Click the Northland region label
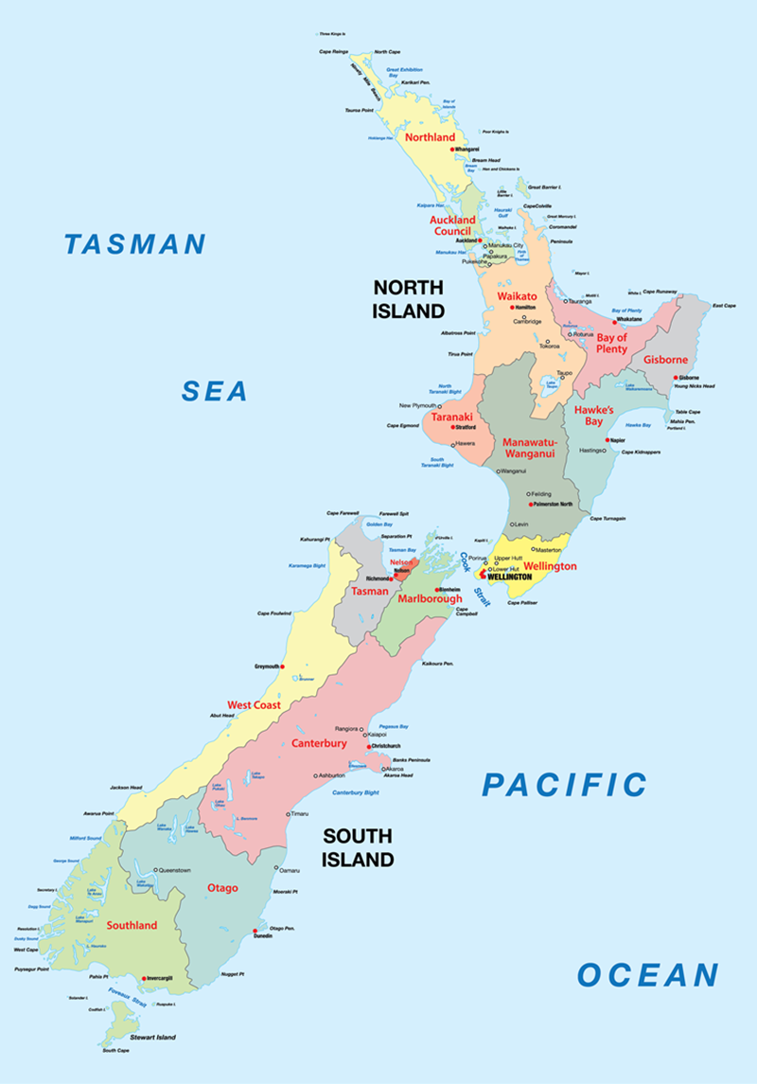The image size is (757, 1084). tap(430, 137)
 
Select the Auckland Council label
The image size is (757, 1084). tap(452, 225)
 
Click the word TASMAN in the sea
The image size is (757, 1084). tap(134, 244)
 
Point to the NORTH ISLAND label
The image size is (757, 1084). tap(408, 298)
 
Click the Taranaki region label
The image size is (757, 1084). tap(452, 417)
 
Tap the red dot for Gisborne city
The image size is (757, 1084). tap(677, 377)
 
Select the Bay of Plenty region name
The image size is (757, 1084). tap(612, 342)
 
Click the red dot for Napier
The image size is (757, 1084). tap(609, 440)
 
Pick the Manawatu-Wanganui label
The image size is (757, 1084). tap(530, 449)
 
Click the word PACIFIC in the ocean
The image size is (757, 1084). tap(564, 785)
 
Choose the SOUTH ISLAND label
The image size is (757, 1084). tap(358, 847)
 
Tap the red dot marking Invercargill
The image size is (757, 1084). tap(144, 978)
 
